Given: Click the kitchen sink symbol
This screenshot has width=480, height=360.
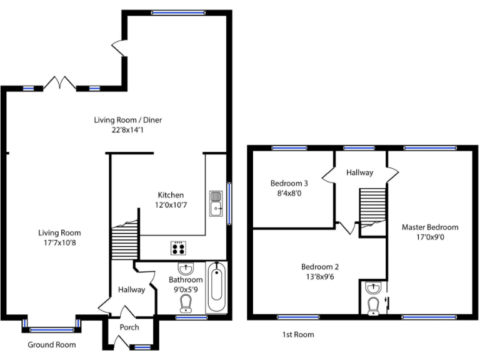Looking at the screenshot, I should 216,202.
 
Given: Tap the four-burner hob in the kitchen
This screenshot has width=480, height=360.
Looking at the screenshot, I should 178,247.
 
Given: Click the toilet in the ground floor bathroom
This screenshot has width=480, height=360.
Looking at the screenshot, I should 186,304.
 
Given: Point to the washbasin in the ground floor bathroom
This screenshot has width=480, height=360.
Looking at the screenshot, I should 186,269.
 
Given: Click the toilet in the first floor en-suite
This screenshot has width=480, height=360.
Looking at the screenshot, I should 373,306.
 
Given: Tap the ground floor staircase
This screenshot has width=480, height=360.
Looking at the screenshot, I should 124,241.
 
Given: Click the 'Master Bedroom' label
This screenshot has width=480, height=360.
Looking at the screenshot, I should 430,227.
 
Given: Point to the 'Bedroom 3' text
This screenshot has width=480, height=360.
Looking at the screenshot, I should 289,183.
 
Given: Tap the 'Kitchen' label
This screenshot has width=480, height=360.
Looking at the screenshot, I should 171,195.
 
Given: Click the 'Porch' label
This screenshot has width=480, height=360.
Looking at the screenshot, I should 130,327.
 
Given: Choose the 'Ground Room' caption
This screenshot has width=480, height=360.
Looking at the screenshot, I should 52,345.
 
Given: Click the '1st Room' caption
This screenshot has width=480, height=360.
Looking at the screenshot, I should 298,335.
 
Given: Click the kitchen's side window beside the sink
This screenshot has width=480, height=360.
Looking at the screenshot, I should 229,202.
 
